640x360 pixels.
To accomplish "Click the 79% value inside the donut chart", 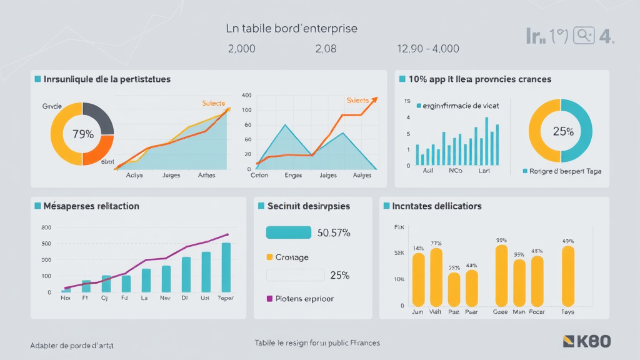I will tap(82, 134).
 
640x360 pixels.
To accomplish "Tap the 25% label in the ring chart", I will tap(563, 131).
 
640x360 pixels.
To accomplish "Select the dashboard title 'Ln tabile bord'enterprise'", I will tap(291, 29).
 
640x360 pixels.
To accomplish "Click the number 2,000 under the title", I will tap(241, 49).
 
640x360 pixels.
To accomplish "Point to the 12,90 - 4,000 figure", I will tap(428, 49).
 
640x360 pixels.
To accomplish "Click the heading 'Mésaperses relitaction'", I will tap(91, 206).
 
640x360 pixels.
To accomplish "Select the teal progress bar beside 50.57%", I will tap(289, 232).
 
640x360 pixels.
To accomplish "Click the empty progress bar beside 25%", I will tap(295, 275).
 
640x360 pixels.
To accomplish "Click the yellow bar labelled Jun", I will tap(418, 279).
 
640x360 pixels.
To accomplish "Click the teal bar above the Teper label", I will tap(226, 267).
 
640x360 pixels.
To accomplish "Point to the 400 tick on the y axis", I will tap(246, 96).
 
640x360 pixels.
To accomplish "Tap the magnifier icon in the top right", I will tap(583, 35).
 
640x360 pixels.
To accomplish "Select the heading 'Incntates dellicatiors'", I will tap(437, 206).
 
